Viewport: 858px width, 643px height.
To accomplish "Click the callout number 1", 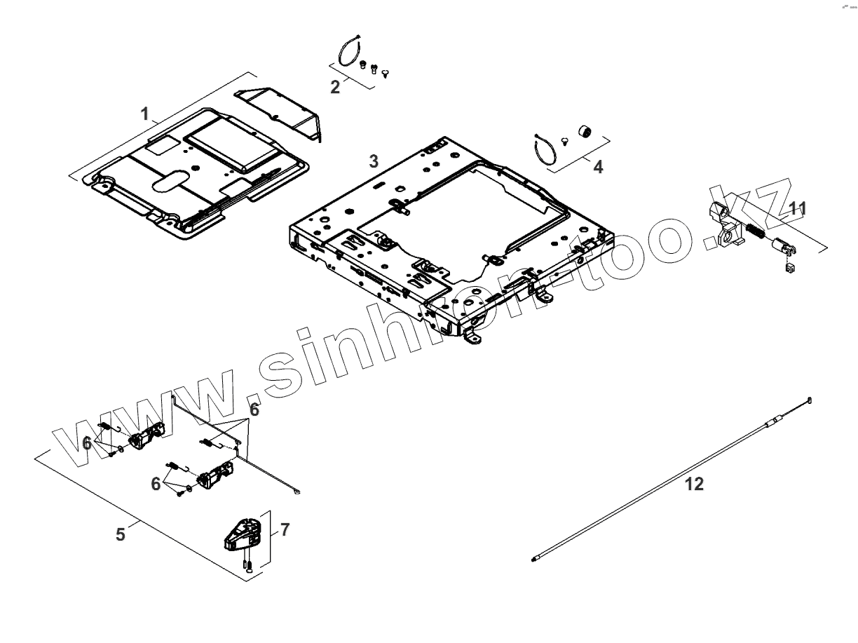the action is tap(145, 114).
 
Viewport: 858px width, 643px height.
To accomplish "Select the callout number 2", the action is tap(335, 88).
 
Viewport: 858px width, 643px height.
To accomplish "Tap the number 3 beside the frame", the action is tap(374, 161).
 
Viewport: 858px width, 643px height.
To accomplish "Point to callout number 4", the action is tap(597, 168).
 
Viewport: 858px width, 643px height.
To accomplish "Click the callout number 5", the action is tap(121, 535).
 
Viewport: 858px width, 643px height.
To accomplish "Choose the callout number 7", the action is tap(285, 529).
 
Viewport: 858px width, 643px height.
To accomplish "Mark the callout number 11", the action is tap(798, 208).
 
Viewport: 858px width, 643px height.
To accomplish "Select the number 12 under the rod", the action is tap(694, 485).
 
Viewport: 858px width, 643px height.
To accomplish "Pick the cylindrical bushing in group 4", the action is tap(583, 132).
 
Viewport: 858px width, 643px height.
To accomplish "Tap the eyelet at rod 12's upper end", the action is tap(810, 400).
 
